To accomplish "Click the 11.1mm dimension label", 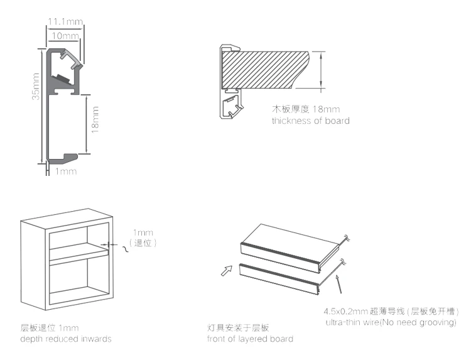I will click(65, 22).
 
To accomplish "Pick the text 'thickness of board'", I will click(310, 120).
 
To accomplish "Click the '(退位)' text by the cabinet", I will click(143, 242).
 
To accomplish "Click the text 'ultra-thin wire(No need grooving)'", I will click(391, 322).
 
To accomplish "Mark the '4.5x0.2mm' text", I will click(345, 311).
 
